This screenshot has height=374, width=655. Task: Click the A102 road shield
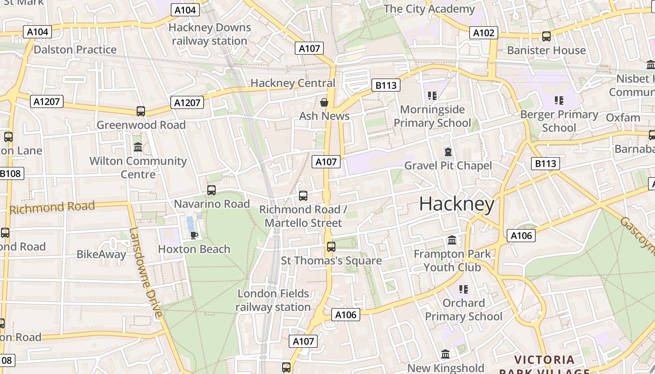click(483, 33)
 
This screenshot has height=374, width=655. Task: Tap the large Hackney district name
click(457, 204)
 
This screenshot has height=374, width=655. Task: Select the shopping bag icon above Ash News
click(324, 102)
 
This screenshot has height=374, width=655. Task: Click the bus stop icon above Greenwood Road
click(141, 111)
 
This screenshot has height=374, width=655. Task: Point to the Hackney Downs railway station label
click(210, 34)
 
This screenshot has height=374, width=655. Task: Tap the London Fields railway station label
click(273, 300)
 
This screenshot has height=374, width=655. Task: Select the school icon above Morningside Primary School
click(432, 96)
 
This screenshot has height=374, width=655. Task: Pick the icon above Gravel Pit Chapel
click(448, 152)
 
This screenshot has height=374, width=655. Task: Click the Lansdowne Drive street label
click(146, 272)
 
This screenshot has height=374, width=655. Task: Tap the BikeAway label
click(101, 254)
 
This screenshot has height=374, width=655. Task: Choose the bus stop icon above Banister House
click(546, 36)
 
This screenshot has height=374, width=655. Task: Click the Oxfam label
click(623, 117)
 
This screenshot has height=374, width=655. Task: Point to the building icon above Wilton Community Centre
click(138, 147)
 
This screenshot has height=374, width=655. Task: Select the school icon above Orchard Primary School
click(463, 289)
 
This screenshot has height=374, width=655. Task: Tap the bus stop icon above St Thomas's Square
click(331, 246)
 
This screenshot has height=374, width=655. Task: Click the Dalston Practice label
click(75, 50)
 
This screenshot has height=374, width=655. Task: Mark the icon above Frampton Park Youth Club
click(452, 240)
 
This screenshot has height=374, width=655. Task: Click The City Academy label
click(429, 9)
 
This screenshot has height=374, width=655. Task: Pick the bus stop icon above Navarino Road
click(211, 190)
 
